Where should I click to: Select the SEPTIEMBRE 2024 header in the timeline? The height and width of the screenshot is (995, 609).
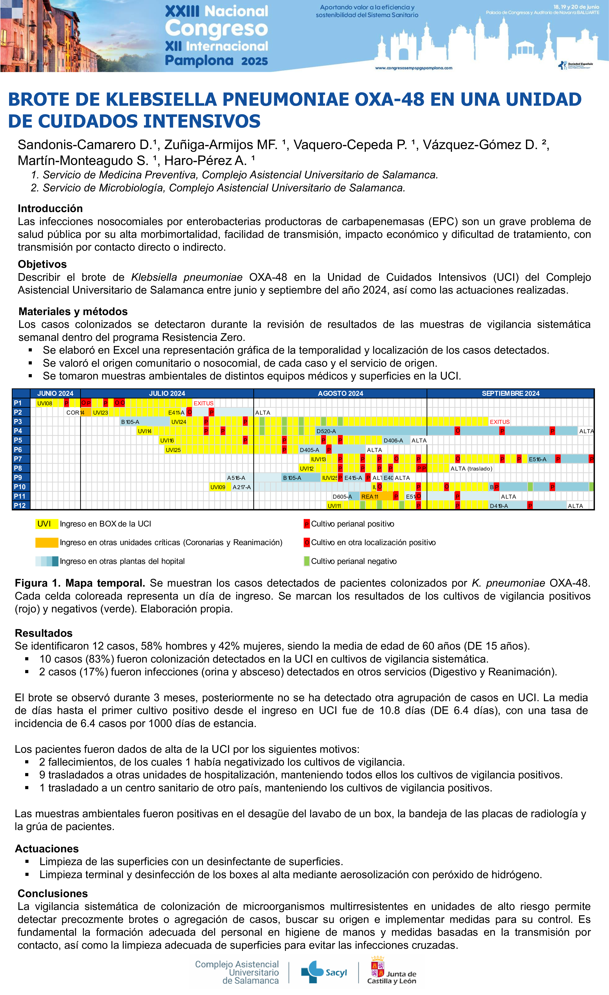[510, 393]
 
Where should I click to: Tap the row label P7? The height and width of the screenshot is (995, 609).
[18, 459]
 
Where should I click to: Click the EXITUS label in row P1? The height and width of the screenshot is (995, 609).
[203, 403]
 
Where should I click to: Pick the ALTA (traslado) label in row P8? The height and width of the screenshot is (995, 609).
[471, 468]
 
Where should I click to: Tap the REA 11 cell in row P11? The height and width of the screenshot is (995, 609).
[370, 496]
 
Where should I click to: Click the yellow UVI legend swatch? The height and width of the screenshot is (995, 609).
[46, 524]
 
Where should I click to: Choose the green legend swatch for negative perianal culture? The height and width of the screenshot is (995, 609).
[307, 561]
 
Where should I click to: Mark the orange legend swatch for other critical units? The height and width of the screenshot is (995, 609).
[46, 542]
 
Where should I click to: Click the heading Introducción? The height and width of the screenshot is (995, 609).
[50, 208]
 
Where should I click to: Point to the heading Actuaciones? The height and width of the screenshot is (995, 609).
[47, 848]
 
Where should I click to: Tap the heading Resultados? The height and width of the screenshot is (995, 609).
[44, 633]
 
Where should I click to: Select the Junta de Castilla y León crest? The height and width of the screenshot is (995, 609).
[377, 968]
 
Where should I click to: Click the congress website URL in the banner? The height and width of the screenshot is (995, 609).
[413, 68]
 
